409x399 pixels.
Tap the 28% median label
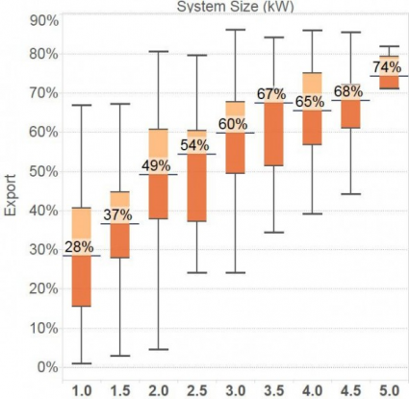(81, 247)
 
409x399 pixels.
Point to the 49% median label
(159, 165)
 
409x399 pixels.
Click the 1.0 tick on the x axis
(81, 389)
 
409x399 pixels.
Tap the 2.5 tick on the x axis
(197, 389)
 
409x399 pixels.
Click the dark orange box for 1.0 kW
(81, 281)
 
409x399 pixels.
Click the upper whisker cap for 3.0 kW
(235, 30)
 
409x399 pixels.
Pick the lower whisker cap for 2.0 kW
(159, 349)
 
